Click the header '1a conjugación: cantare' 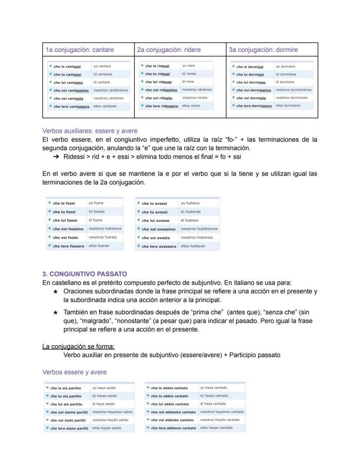[x=80, y=50]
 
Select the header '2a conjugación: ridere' [x=169, y=50]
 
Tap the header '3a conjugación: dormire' [x=263, y=50]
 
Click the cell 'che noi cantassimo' [x=71, y=91]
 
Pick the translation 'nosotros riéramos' [x=197, y=90]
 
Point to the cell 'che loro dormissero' [x=254, y=106]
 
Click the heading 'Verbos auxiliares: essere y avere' [x=90, y=131]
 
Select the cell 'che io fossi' [x=64, y=203]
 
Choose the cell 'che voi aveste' [x=156, y=238]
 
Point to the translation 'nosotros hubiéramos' [x=199, y=229]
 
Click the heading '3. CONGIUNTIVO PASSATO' [x=84, y=274]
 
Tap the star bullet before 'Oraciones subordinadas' [x=55, y=292]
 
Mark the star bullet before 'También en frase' [x=55, y=312]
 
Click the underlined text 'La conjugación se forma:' [x=78, y=346]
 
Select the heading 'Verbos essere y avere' [x=74, y=372]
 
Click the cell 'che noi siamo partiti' [x=69, y=412]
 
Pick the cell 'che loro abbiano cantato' [x=173, y=428]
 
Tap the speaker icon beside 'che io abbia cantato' [x=148, y=388]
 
